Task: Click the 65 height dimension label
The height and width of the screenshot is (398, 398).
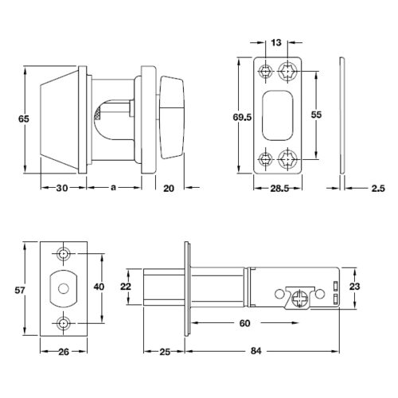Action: click(x=23, y=119)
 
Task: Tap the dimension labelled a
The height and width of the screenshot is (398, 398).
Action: click(x=113, y=188)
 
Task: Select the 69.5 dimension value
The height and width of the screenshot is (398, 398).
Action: click(x=242, y=117)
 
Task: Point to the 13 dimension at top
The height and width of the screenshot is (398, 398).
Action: click(x=276, y=42)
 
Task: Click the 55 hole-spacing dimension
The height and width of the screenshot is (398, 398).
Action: click(x=316, y=115)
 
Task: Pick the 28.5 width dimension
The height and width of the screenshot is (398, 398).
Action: click(x=279, y=189)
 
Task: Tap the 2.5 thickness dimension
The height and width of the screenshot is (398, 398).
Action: click(x=378, y=189)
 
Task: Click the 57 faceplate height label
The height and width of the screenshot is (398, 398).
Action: click(x=20, y=290)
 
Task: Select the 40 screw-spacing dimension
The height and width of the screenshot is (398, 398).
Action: click(x=99, y=287)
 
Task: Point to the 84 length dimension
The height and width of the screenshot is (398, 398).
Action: click(x=256, y=351)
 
